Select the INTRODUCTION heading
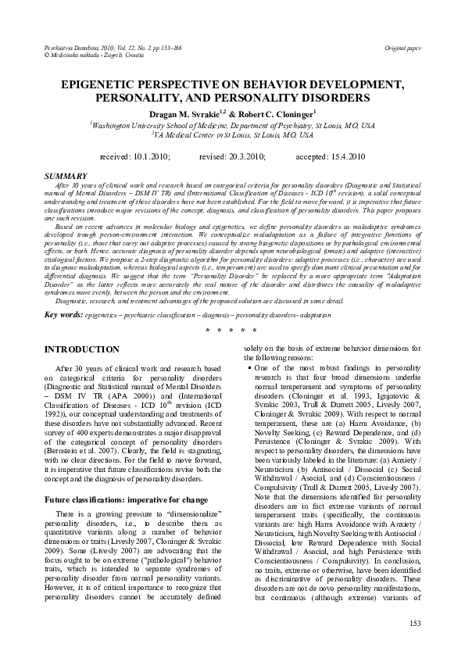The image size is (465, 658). click(82, 349)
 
